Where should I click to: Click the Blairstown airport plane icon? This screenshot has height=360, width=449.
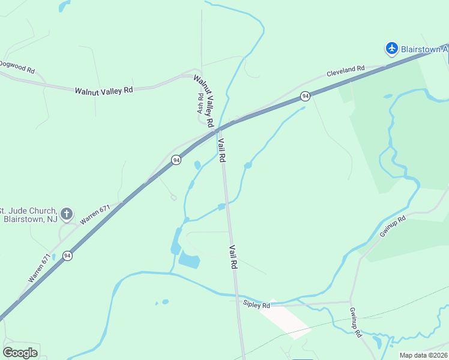click(392, 47)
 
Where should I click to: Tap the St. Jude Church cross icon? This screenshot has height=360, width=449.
click(67, 213)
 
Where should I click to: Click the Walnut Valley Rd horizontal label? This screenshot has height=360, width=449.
click(104, 91)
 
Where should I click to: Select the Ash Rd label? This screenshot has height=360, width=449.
click(200, 104)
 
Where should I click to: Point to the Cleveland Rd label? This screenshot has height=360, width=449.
click(345, 71)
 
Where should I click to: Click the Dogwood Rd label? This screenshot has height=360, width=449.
click(17, 66)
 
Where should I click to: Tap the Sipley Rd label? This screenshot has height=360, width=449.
click(257, 305)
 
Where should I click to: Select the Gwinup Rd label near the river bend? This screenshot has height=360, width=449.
click(393, 227)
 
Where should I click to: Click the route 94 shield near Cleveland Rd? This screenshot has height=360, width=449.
click(306, 96)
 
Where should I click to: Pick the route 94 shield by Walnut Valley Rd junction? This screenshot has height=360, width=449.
click(176, 160)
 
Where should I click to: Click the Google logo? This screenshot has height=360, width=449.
click(20, 353)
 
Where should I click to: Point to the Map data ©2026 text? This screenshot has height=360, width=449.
click(423, 355)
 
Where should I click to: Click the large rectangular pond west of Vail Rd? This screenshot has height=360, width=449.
click(189, 260)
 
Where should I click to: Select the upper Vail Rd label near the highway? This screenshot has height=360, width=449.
click(221, 150)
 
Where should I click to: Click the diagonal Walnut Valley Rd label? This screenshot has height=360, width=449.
click(204, 100)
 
